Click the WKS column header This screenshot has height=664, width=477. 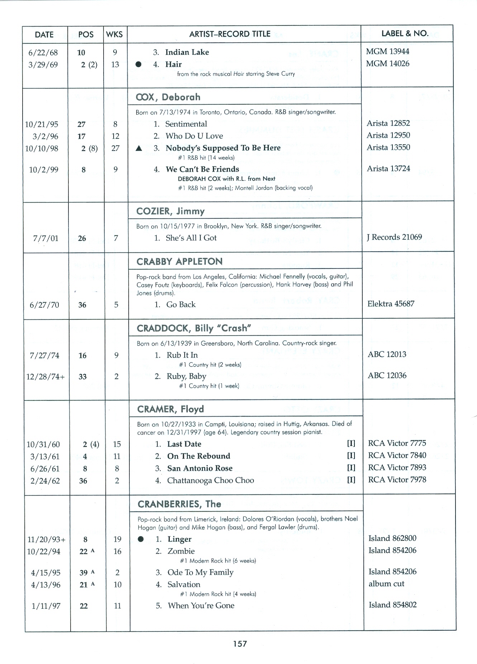(x=115, y=34)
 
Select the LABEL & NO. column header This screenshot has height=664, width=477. (x=405, y=33)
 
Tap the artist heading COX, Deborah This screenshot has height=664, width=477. (x=168, y=97)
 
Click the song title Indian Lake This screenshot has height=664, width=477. (x=187, y=52)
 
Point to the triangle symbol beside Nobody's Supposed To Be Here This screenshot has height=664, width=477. (x=139, y=148)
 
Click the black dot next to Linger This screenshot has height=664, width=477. (x=141, y=539)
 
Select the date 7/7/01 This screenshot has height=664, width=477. (x=46, y=238)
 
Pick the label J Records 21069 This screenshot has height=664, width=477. (x=394, y=237)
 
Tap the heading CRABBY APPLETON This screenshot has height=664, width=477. (x=179, y=262)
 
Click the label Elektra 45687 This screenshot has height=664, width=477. (x=391, y=304)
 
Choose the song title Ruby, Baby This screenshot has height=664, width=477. (x=186, y=376)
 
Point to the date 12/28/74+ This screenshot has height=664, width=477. (x=46, y=377)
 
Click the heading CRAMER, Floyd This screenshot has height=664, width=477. (x=170, y=409)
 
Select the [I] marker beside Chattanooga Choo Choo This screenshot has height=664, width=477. (x=351, y=480)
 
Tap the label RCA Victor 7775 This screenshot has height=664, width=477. (x=397, y=443)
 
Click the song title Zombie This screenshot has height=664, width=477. (x=181, y=551)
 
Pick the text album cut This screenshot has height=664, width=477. (x=386, y=584)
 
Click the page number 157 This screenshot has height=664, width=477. (x=240, y=644)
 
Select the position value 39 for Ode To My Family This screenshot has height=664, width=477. (x=84, y=573)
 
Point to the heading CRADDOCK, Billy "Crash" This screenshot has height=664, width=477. (x=194, y=328)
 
